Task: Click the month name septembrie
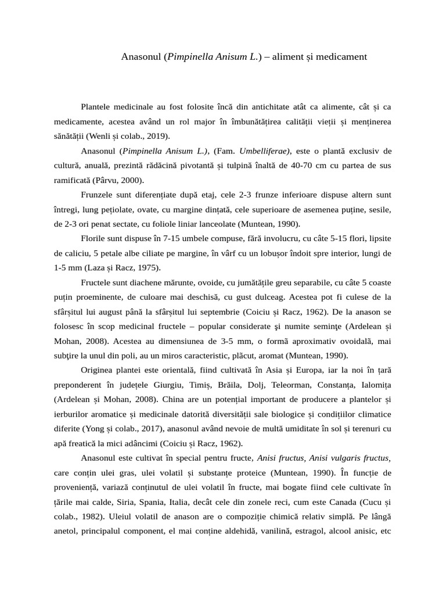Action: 215,311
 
